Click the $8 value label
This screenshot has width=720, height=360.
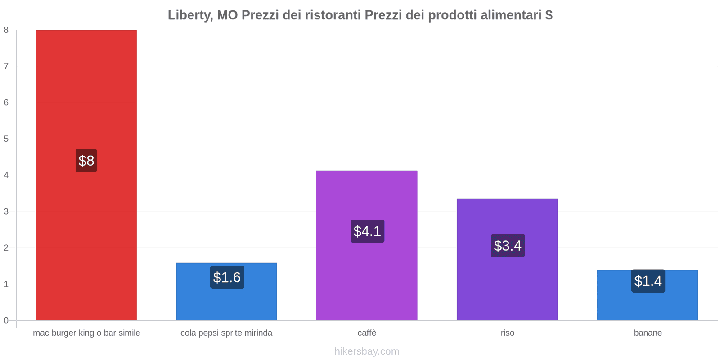coord(86,161)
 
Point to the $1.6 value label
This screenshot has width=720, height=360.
coord(227,277)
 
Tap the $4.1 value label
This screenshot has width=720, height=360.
coord(367,231)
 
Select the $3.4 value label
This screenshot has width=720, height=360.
coord(508,246)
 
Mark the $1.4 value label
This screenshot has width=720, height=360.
coord(648,281)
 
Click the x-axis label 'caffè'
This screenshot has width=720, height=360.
coord(367,333)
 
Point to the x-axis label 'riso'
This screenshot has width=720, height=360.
coord(507,333)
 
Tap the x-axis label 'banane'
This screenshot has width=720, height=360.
coord(648,333)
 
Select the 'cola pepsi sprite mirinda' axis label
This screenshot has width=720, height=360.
coord(226,333)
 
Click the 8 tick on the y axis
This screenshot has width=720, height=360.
coord(6,30)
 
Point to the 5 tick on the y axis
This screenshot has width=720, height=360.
coord(6,139)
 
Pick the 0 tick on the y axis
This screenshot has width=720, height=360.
coord(6,320)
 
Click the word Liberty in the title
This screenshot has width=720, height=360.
coord(189,15)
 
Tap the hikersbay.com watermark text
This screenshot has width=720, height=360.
coord(367,351)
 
